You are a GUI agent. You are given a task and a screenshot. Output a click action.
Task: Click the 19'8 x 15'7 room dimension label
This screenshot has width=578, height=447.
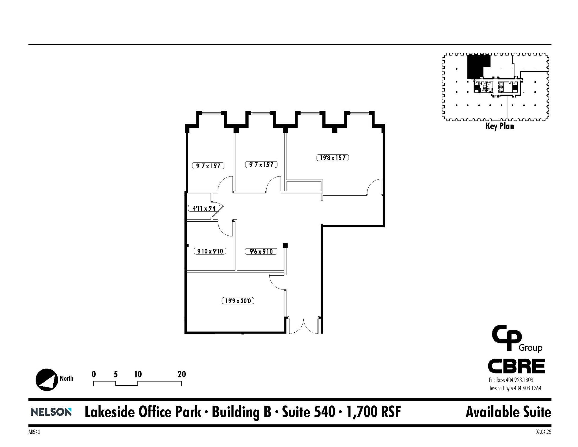332,158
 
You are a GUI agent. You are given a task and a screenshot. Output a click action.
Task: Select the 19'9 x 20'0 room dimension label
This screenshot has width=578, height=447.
238,301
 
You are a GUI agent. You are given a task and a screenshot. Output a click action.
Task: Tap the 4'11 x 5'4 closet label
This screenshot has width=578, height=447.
204,208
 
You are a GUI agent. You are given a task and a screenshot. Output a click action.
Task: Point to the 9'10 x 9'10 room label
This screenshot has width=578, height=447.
210,251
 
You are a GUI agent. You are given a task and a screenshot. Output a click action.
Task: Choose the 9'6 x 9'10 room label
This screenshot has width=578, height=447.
261,251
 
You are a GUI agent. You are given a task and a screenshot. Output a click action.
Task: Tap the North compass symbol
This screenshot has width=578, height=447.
47,380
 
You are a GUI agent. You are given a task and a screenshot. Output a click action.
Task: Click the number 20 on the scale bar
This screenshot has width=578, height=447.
182,374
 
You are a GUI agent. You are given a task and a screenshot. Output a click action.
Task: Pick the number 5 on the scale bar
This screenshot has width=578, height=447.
116,374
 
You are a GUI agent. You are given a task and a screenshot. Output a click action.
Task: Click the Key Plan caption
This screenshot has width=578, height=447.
500,126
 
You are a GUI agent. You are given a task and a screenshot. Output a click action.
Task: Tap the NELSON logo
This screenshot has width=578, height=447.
51,412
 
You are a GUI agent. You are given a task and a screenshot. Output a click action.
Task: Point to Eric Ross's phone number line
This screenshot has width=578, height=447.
511,380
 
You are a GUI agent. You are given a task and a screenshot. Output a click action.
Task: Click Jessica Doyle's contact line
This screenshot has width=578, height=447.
515,388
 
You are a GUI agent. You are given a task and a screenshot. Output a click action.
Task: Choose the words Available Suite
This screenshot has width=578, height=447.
508,412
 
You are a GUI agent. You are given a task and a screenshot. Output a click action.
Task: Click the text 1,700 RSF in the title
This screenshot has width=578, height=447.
373,412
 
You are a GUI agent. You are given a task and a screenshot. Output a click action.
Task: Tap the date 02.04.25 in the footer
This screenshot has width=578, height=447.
543,432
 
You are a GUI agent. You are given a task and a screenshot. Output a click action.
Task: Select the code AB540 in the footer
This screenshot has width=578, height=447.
34,432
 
